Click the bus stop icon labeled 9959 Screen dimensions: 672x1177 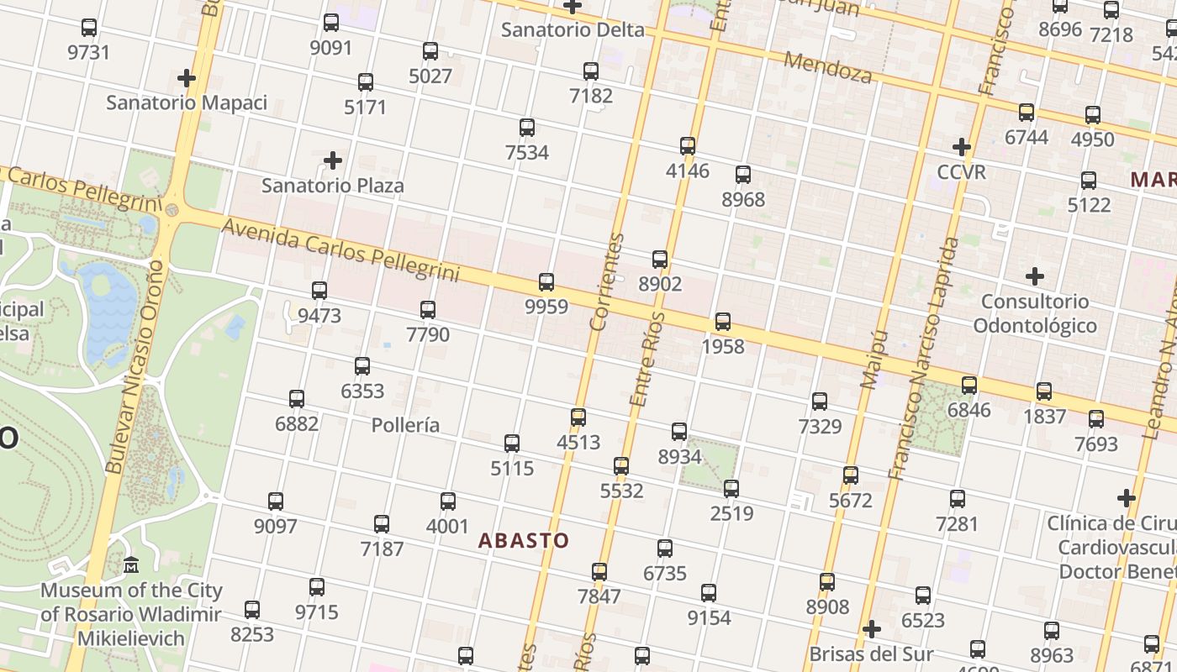(546, 282)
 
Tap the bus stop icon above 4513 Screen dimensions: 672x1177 (578, 417)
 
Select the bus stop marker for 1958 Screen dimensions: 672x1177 (723, 322)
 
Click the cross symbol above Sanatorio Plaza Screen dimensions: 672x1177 (333, 160)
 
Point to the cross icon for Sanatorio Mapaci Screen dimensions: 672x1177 (187, 79)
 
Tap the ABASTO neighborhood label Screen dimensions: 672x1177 (524, 541)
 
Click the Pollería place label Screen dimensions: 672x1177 (405, 425)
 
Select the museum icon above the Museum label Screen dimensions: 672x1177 (131, 565)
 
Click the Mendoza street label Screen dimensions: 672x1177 (828, 67)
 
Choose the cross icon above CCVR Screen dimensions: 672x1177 (962, 147)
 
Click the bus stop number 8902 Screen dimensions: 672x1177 (660, 284)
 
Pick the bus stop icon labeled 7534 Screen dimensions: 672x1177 (527, 128)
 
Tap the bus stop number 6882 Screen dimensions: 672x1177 (297, 423)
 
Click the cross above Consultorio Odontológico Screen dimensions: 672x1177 (1035, 276)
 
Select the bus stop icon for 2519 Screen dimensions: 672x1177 (731, 489)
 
